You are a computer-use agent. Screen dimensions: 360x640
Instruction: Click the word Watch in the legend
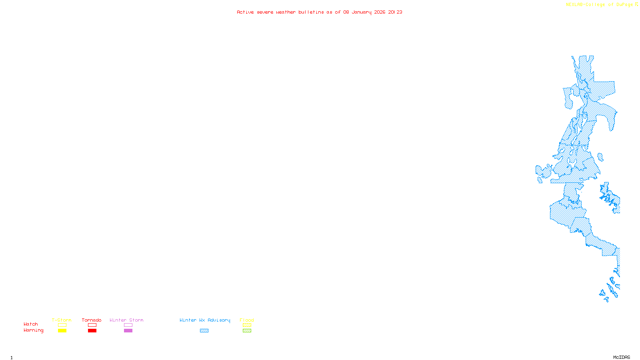click(x=31, y=324)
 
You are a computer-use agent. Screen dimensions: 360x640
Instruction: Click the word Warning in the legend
click(x=34, y=330)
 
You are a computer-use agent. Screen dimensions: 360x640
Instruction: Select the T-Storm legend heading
click(x=62, y=320)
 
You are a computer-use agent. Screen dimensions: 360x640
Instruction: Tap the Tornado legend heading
click(x=92, y=320)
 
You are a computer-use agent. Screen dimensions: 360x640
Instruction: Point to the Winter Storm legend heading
click(x=126, y=320)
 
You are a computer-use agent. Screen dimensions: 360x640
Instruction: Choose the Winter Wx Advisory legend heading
click(x=205, y=320)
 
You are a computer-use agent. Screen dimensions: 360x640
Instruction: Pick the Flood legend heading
click(x=247, y=320)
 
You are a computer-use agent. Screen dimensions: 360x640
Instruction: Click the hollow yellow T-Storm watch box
click(x=62, y=325)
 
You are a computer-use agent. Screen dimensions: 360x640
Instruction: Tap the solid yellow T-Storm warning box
click(x=62, y=331)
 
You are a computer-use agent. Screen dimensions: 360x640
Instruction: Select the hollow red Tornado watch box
click(x=92, y=325)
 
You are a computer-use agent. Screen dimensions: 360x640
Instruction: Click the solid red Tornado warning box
click(x=92, y=331)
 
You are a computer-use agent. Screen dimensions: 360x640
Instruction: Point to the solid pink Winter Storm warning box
click(x=128, y=331)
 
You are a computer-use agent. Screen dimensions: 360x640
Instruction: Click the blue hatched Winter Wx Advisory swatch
click(x=204, y=331)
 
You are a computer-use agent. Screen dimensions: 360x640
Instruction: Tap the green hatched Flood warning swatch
click(x=247, y=331)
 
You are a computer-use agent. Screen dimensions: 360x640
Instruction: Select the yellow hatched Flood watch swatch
click(x=247, y=325)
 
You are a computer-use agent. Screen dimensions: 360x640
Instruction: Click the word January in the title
click(x=362, y=12)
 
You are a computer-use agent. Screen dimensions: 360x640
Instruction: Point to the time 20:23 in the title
click(x=395, y=12)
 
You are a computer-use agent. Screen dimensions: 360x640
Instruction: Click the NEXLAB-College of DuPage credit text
click(x=600, y=5)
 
